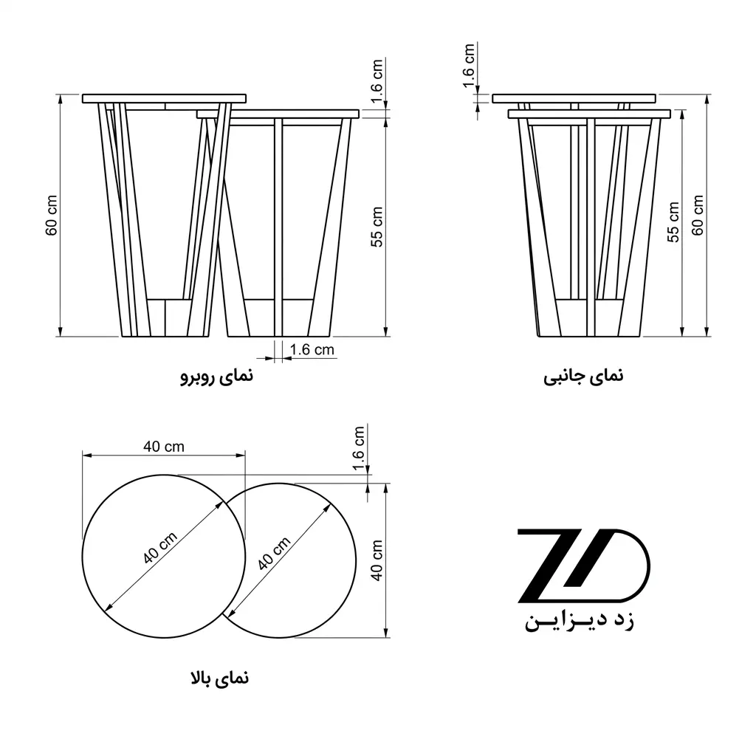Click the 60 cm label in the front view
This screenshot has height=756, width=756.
coord(52,215)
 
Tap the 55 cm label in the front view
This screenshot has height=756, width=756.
coord(377,227)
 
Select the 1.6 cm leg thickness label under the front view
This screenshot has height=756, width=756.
coord(312,349)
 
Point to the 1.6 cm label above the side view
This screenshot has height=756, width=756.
coord(469,66)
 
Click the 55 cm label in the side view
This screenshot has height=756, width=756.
coord(673,221)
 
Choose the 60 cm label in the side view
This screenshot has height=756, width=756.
coord(698,215)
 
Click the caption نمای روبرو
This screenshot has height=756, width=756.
coord(216,376)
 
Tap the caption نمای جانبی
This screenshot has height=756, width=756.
coord(583,376)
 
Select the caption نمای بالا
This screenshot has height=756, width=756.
coord(220,678)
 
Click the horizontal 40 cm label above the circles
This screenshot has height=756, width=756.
coord(164,447)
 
